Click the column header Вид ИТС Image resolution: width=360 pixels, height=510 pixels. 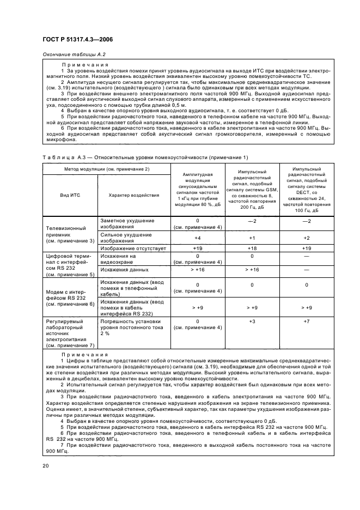pyautogui.click(x=70, y=195)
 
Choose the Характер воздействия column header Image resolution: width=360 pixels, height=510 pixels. pyautogui.click(x=133, y=195)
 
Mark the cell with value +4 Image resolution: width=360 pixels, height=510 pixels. pyautogui.click(x=197, y=238)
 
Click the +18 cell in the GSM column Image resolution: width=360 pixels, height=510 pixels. pyautogui.click(x=252, y=248)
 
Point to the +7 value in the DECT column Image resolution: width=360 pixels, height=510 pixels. pyautogui.click(x=306, y=321)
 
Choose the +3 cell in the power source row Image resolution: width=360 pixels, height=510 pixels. pyautogui.click(x=252, y=321)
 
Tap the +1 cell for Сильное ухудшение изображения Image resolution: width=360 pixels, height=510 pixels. pyautogui.click(x=252, y=238)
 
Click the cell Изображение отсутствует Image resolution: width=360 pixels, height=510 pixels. pyautogui.click(x=132, y=248)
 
